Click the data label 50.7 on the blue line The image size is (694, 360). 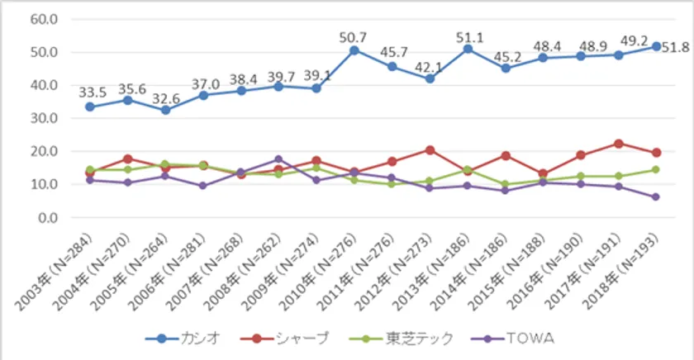click(354, 36)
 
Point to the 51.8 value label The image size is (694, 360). click(676, 48)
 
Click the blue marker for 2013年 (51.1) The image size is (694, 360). click(468, 49)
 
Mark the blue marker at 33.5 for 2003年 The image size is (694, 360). click(89, 107)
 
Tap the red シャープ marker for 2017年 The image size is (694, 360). click(618, 144)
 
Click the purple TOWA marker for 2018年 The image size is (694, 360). click(655, 197)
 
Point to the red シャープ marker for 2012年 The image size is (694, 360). click(430, 150)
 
